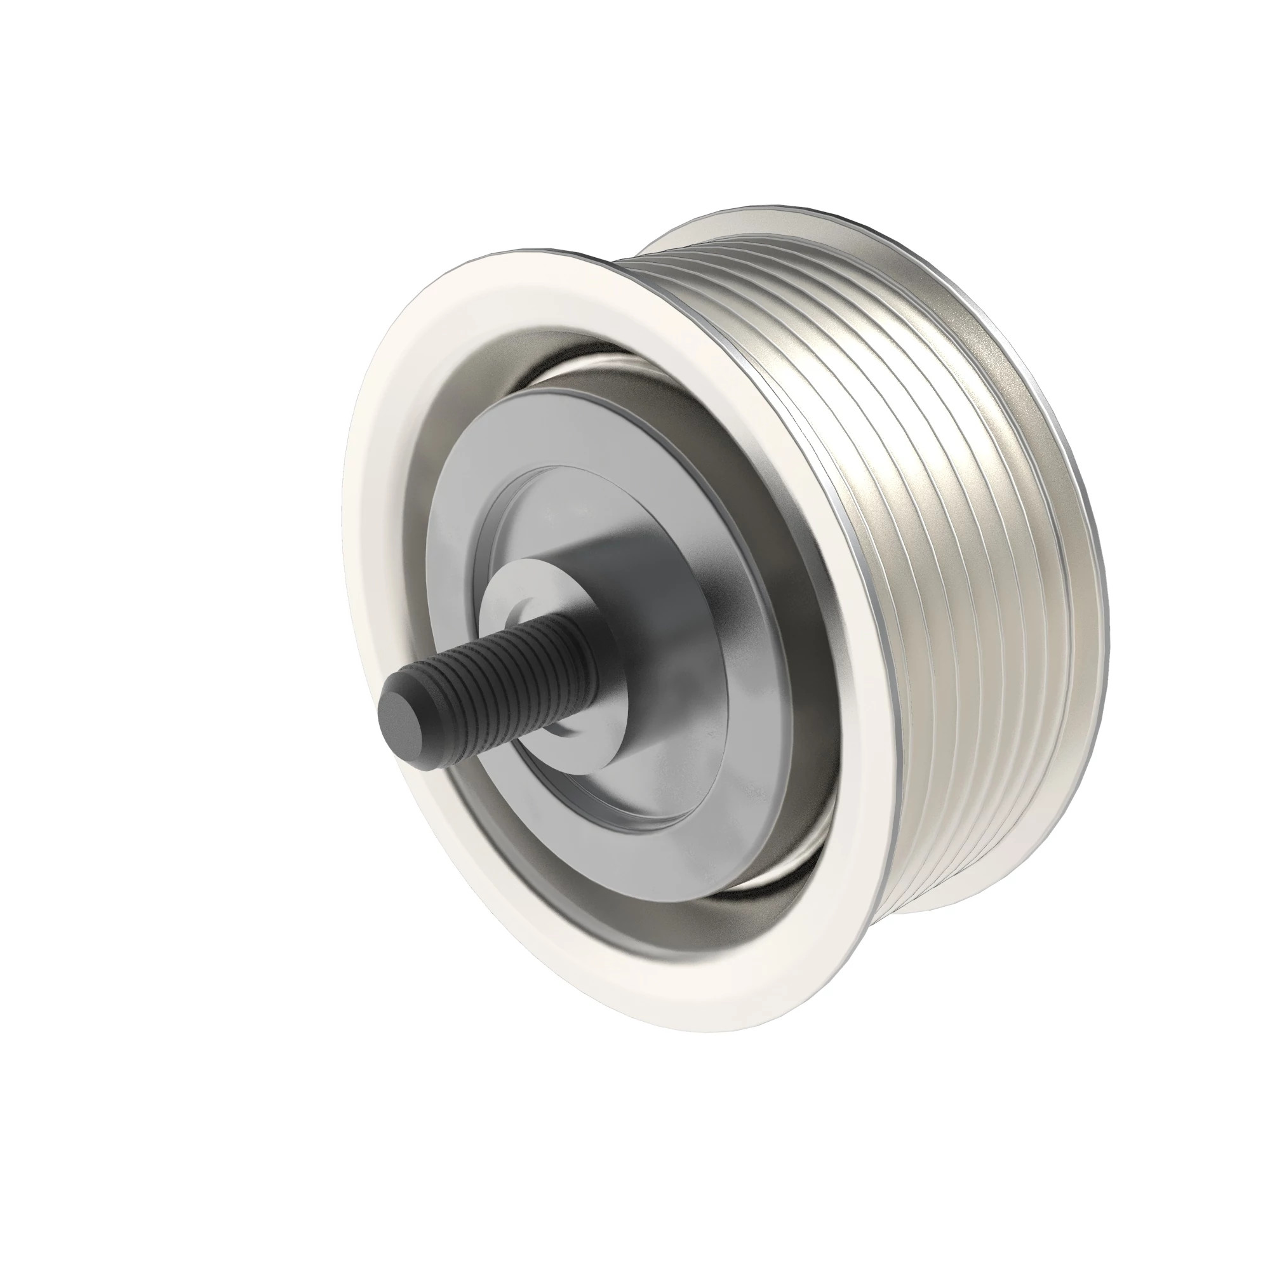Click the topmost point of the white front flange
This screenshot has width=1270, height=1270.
(526, 253)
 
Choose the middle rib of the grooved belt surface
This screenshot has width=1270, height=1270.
(986, 559)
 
